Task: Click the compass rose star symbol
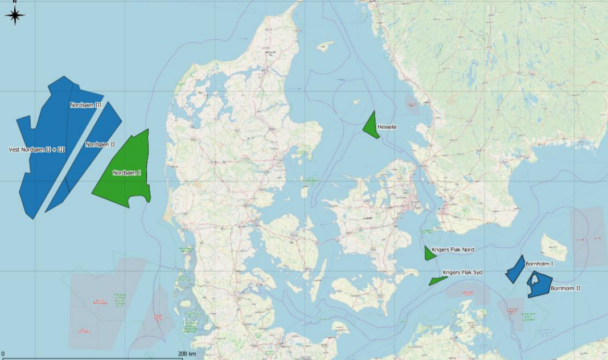point(15,15)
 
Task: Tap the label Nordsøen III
point(86,105)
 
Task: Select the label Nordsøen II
point(100,145)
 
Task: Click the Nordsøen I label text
point(127,173)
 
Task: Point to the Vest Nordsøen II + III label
point(37,150)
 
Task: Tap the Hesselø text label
point(387,127)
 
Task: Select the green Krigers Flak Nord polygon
point(429,253)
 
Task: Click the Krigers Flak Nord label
point(453,249)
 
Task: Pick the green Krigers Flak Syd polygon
point(438,280)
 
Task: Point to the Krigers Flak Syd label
point(462,273)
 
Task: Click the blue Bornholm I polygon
point(516,269)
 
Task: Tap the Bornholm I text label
point(540,264)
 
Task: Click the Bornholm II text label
point(565,289)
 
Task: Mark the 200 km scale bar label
point(187,354)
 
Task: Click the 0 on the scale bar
point(3,354)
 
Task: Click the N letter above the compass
point(15,2)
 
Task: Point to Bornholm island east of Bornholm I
point(554,247)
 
